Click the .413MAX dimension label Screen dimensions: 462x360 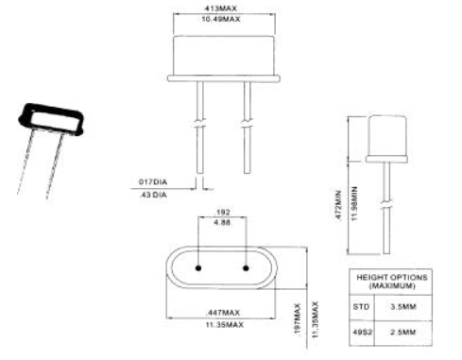click(220, 9)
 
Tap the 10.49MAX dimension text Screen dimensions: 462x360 click(221, 19)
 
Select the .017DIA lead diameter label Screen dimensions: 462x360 click(153, 182)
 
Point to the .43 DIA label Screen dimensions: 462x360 click(153, 195)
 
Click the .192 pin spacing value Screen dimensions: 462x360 click(222, 212)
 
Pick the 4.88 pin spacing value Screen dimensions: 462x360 click(222, 222)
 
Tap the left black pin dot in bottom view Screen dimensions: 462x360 click(198, 268)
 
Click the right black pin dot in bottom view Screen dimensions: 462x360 click(246, 268)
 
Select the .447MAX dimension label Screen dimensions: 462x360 click(223, 313)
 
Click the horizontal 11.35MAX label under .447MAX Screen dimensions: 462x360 click(224, 324)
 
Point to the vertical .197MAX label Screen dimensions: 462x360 click(298, 319)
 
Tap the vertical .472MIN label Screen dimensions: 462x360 click(338, 205)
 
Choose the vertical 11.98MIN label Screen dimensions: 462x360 click(354, 203)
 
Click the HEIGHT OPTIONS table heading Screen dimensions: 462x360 click(392, 282)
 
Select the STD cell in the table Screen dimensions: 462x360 click(361, 306)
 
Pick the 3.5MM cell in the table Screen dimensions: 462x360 click(403, 306)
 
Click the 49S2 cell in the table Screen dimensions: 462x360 click(363, 332)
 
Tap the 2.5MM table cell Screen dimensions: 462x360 click(403, 332)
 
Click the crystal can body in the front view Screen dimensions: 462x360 click(224, 56)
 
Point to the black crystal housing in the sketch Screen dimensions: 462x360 click(51, 119)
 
